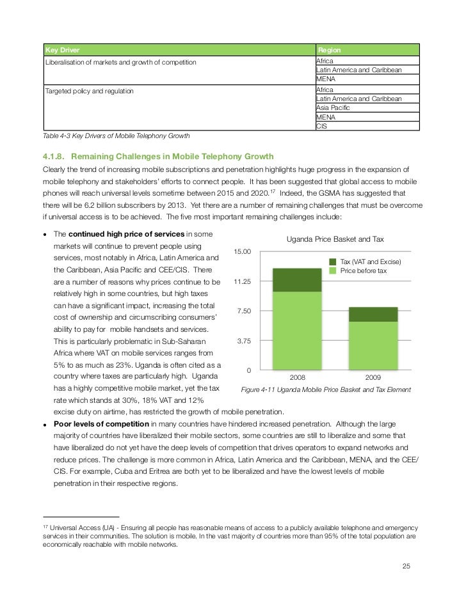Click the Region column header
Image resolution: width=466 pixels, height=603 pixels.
tap(329, 50)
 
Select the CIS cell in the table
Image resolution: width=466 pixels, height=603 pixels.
tap(323, 127)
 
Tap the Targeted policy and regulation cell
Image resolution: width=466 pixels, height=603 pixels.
tap(90, 91)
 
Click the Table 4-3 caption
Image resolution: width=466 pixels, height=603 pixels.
tap(116, 136)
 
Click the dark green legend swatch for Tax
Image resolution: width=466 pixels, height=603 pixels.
tap(333, 262)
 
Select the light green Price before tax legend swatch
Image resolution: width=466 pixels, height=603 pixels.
tap(333, 271)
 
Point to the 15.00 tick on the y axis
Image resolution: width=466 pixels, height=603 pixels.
tap(243, 251)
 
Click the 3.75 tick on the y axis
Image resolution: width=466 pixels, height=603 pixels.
tap(244, 341)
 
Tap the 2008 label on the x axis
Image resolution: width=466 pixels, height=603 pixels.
tap(297, 378)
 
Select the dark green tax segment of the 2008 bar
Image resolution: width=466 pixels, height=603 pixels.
tap(297, 280)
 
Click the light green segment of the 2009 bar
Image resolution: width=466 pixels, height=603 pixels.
tap(373, 345)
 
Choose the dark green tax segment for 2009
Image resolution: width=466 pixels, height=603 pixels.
tap(373, 314)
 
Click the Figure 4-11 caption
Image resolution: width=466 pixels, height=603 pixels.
tap(325, 389)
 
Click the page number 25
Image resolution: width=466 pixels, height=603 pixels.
tap(406, 567)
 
